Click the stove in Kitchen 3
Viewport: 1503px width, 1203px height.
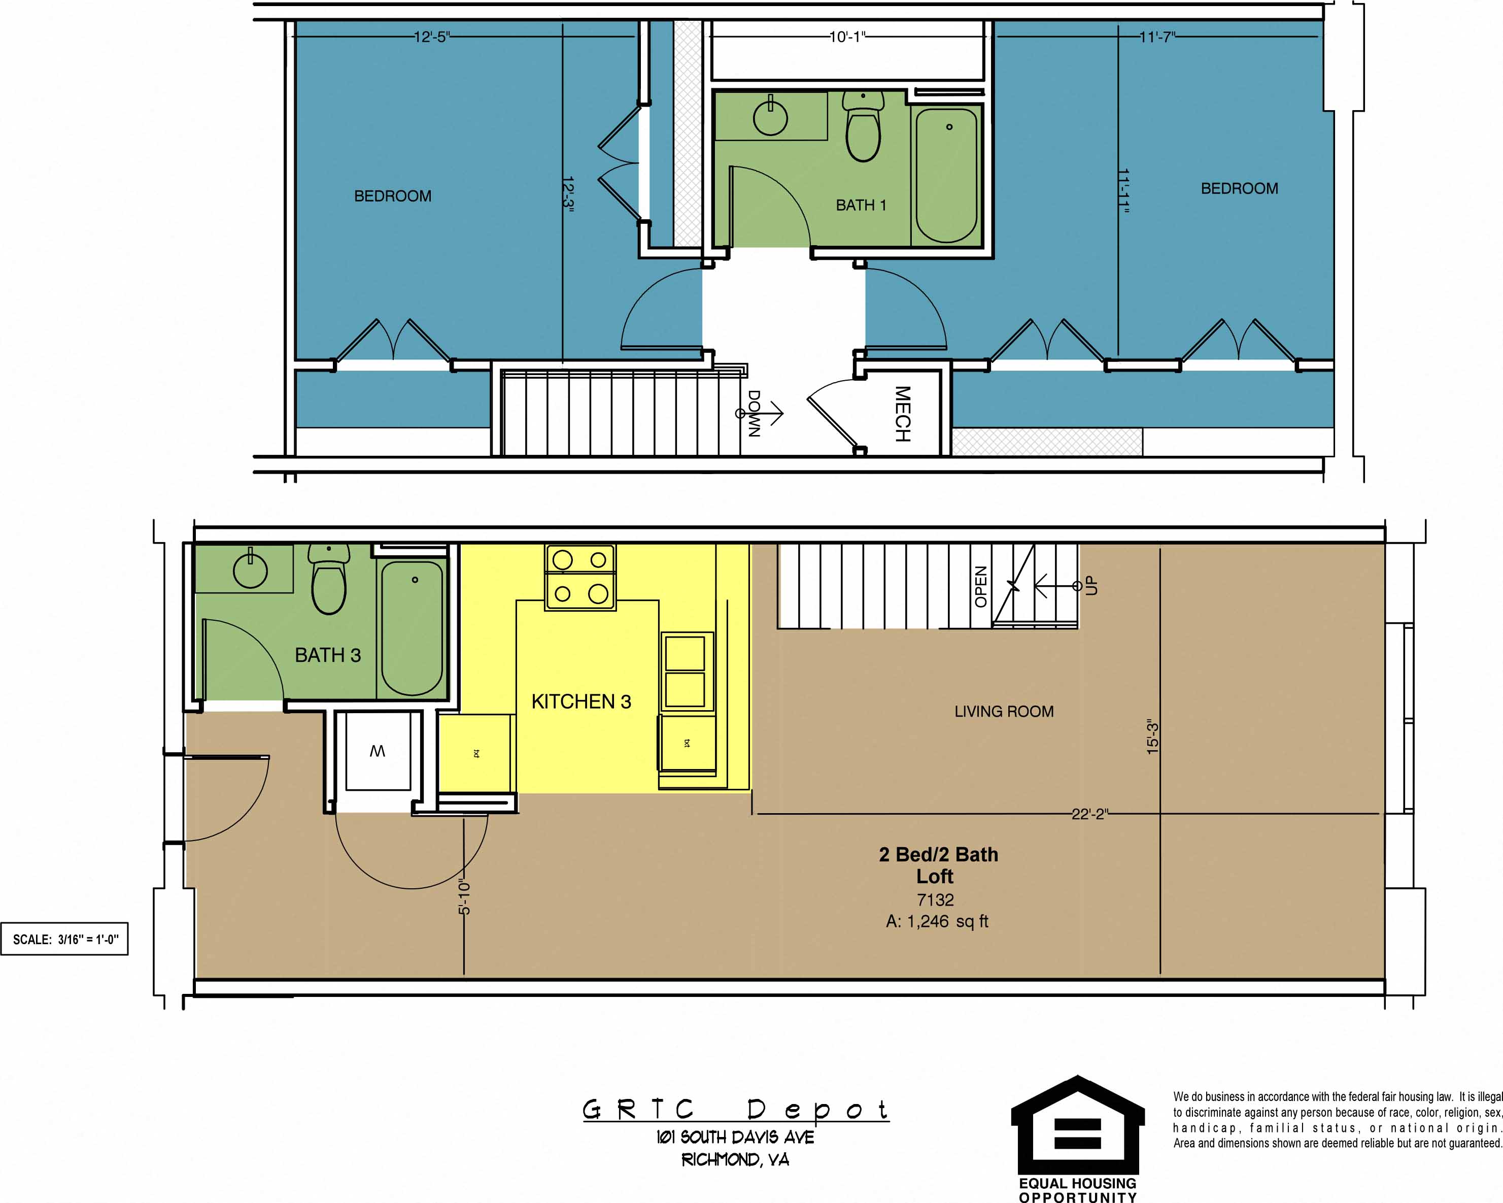tap(580, 578)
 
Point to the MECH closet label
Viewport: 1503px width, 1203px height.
tap(902, 414)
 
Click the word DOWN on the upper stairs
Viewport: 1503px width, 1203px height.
tap(754, 414)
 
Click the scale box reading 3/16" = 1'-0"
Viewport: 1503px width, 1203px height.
tap(65, 940)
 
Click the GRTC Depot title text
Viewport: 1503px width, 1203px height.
tap(735, 1109)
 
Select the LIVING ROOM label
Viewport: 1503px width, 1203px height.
tap(1003, 711)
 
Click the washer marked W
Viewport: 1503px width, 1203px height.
tap(377, 751)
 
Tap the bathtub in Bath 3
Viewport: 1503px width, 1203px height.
tap(412, 628)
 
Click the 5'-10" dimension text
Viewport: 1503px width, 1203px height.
tap(464, 897)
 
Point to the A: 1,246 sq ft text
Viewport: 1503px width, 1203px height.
tap(936, 921)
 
